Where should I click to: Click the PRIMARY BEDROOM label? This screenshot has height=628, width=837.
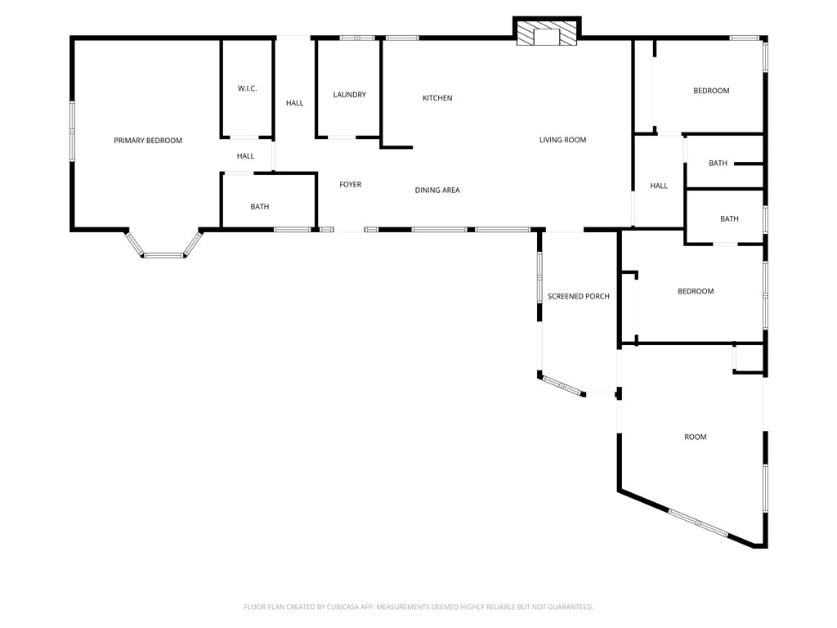(148, 141)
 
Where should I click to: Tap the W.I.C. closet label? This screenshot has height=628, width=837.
(247, 88)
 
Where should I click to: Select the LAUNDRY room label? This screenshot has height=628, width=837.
(349, 95)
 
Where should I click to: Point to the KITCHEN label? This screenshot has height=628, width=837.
(436, 98)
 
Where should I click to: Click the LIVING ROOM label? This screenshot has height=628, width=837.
(562, 140)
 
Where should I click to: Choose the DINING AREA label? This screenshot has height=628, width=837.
(436, 191)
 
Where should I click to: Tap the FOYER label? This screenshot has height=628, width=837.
(350, 185)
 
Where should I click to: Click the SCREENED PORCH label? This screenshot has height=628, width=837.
(578, 296)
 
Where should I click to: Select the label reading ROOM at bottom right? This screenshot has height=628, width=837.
(695, 437)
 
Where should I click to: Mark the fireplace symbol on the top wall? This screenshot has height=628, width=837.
(547, 34)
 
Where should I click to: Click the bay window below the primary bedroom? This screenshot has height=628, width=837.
(163, 255)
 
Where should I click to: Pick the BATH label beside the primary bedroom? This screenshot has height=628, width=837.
(259, 207)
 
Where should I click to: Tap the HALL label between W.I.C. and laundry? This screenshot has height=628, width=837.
(294, 103)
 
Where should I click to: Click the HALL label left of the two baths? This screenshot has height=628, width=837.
(659, 186)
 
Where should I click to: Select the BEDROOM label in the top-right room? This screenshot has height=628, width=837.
(711, 91)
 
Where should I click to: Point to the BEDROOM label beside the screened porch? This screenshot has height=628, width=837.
(696, 291)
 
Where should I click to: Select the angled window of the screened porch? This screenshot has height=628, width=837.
(563, 386)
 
